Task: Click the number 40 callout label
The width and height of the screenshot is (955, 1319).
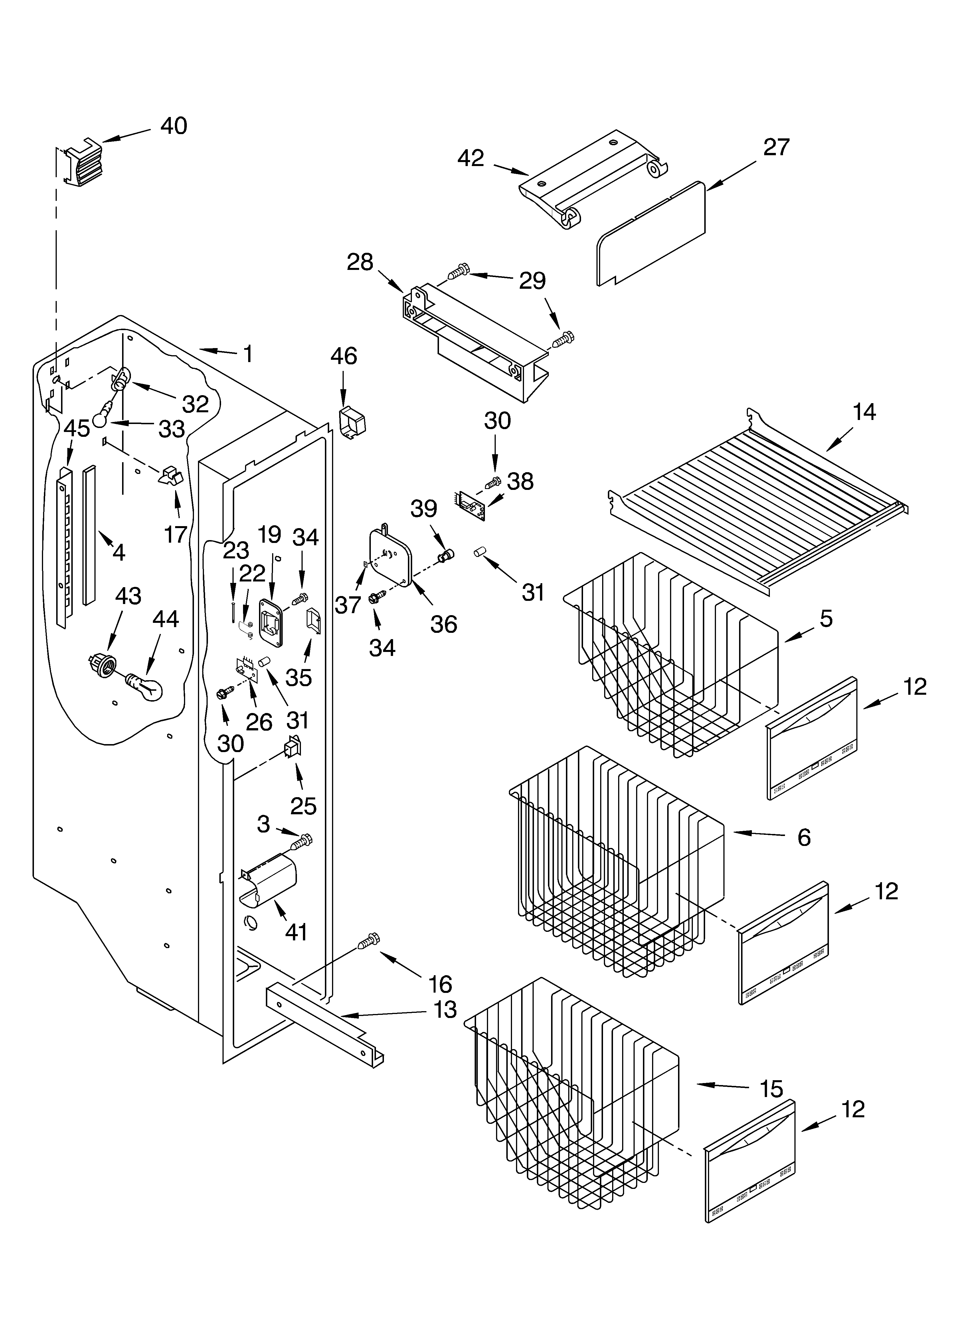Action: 173,126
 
